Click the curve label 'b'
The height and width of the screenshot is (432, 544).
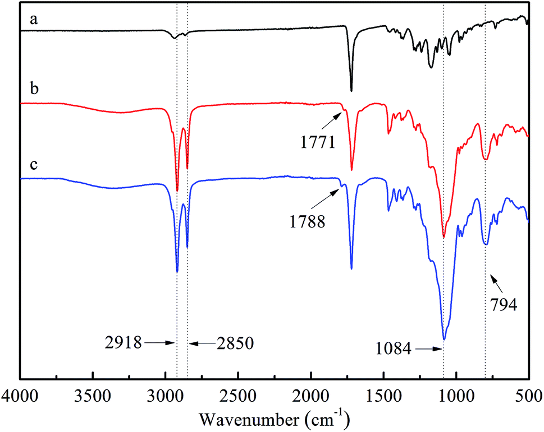(34, 90)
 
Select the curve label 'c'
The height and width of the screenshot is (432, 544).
(33, 166)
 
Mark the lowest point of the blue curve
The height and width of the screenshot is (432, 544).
(444, 339)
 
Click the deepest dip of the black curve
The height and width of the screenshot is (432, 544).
(351, 91)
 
